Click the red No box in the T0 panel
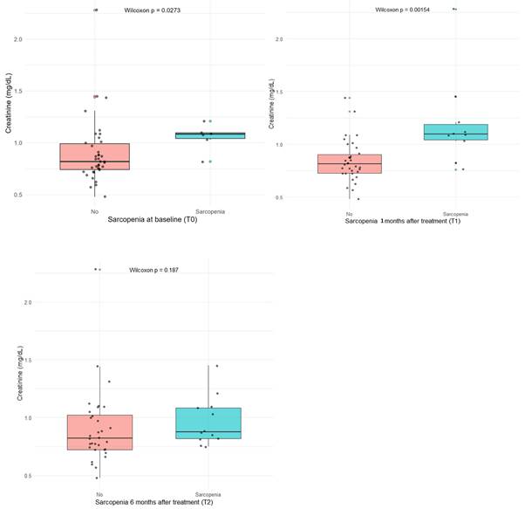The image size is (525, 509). coord(93,156)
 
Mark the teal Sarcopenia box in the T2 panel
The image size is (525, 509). coord(208,423)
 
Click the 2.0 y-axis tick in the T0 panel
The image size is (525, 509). coord(41,39)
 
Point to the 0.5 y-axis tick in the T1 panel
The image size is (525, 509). coord(281,198)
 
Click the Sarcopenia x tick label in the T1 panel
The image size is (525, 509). coord(455,213)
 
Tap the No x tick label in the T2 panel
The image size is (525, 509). coord(99,495)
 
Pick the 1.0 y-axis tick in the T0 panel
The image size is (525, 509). coord(41,142)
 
